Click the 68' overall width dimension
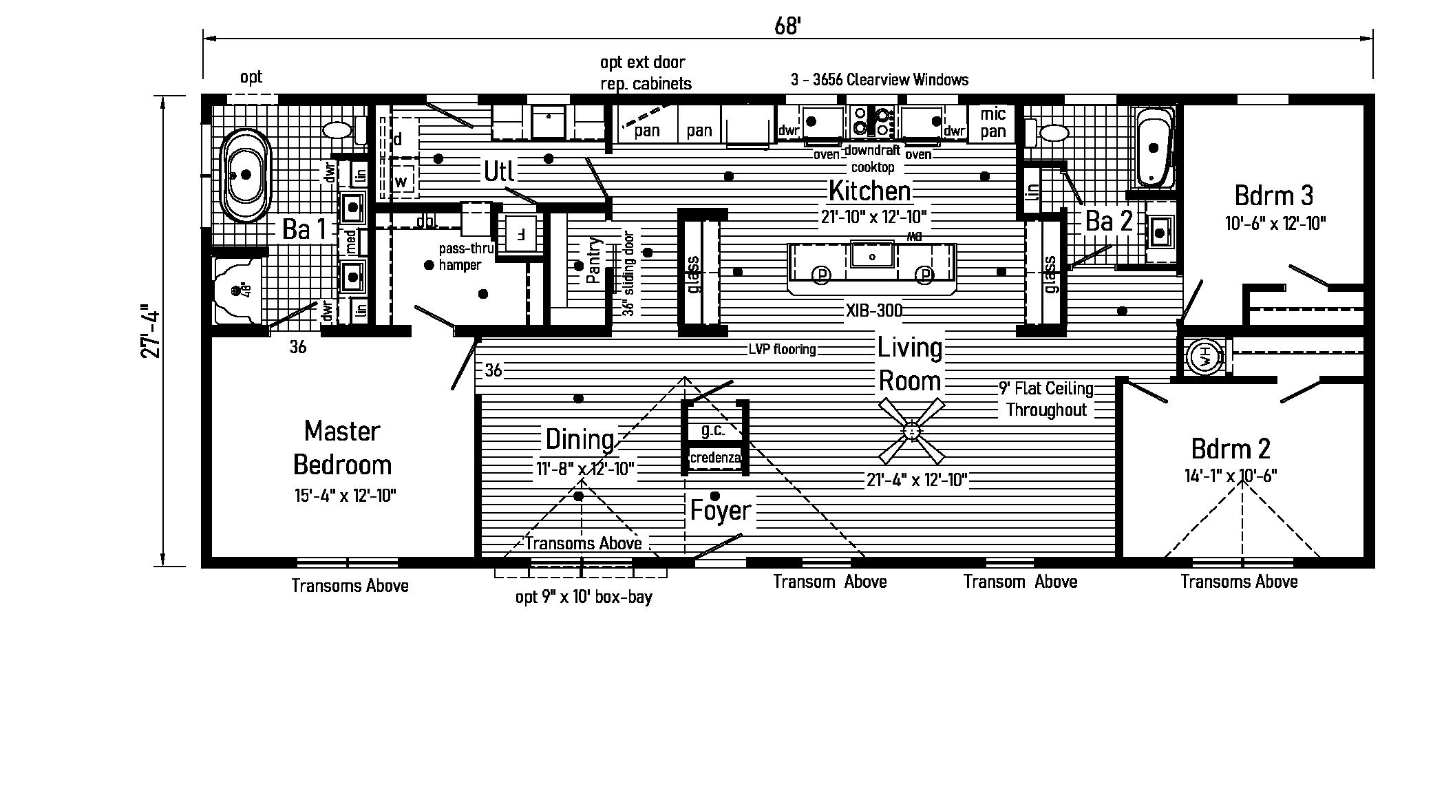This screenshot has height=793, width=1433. [x=787, y=26]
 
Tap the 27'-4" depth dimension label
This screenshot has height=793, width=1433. [x=151, y=331]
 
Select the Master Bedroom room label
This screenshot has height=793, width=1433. [x=342, y=448]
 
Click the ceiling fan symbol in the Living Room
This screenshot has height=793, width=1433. [x=911, y=432]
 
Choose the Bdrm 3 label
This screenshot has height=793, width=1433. [x=1273, y=196]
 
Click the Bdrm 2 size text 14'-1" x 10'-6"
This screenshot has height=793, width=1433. [x=1231, y=476]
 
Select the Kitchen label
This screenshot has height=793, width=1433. [x=870, y=191]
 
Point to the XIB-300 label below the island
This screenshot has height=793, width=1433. [x=874, y=310]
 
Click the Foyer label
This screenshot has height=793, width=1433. [x=720, y=511]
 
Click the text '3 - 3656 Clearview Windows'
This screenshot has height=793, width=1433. [x=880, y=80]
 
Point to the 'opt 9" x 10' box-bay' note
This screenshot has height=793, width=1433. [x=584, y=597]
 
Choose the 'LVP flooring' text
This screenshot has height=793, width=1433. [x=782, y=350]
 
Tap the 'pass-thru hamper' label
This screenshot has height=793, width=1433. [x=465, y=257]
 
